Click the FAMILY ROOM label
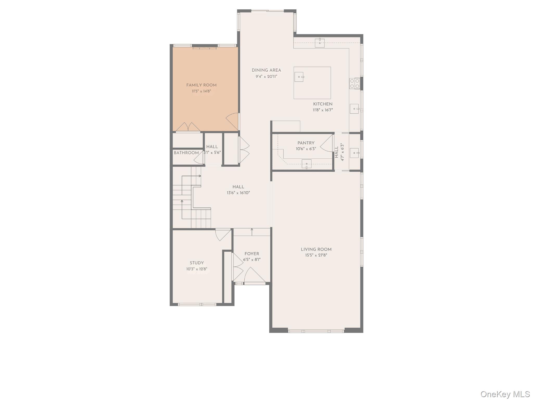pos(201,85)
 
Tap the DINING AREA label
pos(266,70)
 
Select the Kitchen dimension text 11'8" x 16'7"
pos(322,110)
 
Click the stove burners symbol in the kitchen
pos(354,83)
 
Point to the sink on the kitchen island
pos(299,77)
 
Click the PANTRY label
pos(306,143)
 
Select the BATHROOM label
pos(186,153)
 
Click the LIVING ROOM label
pos(316,249)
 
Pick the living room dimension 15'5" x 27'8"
pos(316,255)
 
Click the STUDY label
pos(196,263)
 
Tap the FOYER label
pos(252,254)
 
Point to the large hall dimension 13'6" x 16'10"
pos(238,193)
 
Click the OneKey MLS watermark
pos(505,394)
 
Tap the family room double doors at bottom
pos(188,127)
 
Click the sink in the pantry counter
pos(306,164)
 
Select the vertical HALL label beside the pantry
pos(337,152)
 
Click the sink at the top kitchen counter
pos(320,43)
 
